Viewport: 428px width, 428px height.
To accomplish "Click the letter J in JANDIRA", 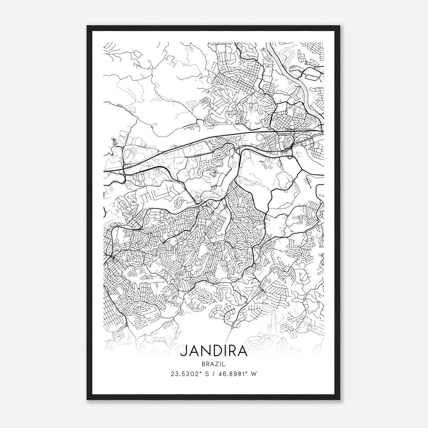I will coord(184,351).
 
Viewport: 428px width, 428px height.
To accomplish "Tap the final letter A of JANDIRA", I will coord(242,351).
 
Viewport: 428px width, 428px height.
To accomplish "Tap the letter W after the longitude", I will coord(254,374).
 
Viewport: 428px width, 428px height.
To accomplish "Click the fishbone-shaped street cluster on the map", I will coord(308,182).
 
